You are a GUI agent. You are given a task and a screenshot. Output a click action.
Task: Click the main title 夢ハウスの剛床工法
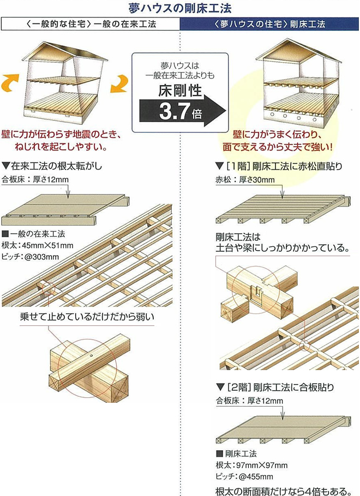(x=180, y=8)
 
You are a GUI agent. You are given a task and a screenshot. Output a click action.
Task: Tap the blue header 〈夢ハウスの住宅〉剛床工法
(x=269, y=24)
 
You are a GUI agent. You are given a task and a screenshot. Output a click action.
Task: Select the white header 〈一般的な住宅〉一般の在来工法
(x=91, y=24)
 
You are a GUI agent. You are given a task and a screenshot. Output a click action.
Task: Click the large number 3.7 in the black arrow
(x=174, y=111)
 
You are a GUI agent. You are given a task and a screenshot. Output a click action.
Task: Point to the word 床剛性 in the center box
(x=180, y=90)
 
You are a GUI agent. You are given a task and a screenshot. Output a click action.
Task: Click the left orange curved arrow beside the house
(x=10, y=83)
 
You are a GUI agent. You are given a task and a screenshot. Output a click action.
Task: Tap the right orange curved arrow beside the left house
(x=119, y=84)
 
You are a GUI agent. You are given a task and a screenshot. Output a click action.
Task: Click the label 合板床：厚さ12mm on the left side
(x=35, y=180)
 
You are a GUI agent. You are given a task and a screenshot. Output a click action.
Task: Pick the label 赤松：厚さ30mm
(x=245, y=180)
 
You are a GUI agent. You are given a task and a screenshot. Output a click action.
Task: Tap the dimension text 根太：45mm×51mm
(x=37, y=245)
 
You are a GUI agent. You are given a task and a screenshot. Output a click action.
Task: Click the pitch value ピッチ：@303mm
(x=31, y=257)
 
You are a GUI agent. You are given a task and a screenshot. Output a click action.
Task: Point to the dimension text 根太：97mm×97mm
(x=251, y=465)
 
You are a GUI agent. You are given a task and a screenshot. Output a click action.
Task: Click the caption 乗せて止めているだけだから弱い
(x=87, y=317)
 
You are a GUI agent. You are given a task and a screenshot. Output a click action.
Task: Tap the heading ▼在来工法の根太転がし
(x=52, y=166)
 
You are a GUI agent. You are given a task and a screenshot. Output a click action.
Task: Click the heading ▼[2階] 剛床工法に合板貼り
(x=275, y=387)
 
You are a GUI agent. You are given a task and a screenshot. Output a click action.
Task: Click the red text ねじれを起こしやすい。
(x=61, y=147)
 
